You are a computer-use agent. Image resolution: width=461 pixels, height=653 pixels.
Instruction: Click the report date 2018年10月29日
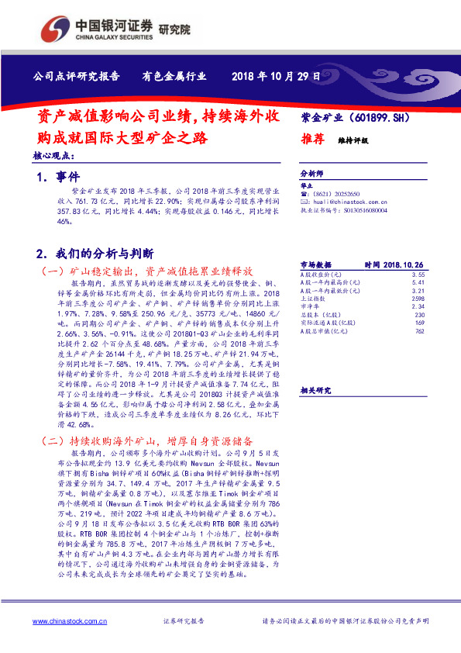(x=276, y=76)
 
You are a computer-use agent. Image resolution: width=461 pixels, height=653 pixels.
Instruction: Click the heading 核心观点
(x=53, y=156)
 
